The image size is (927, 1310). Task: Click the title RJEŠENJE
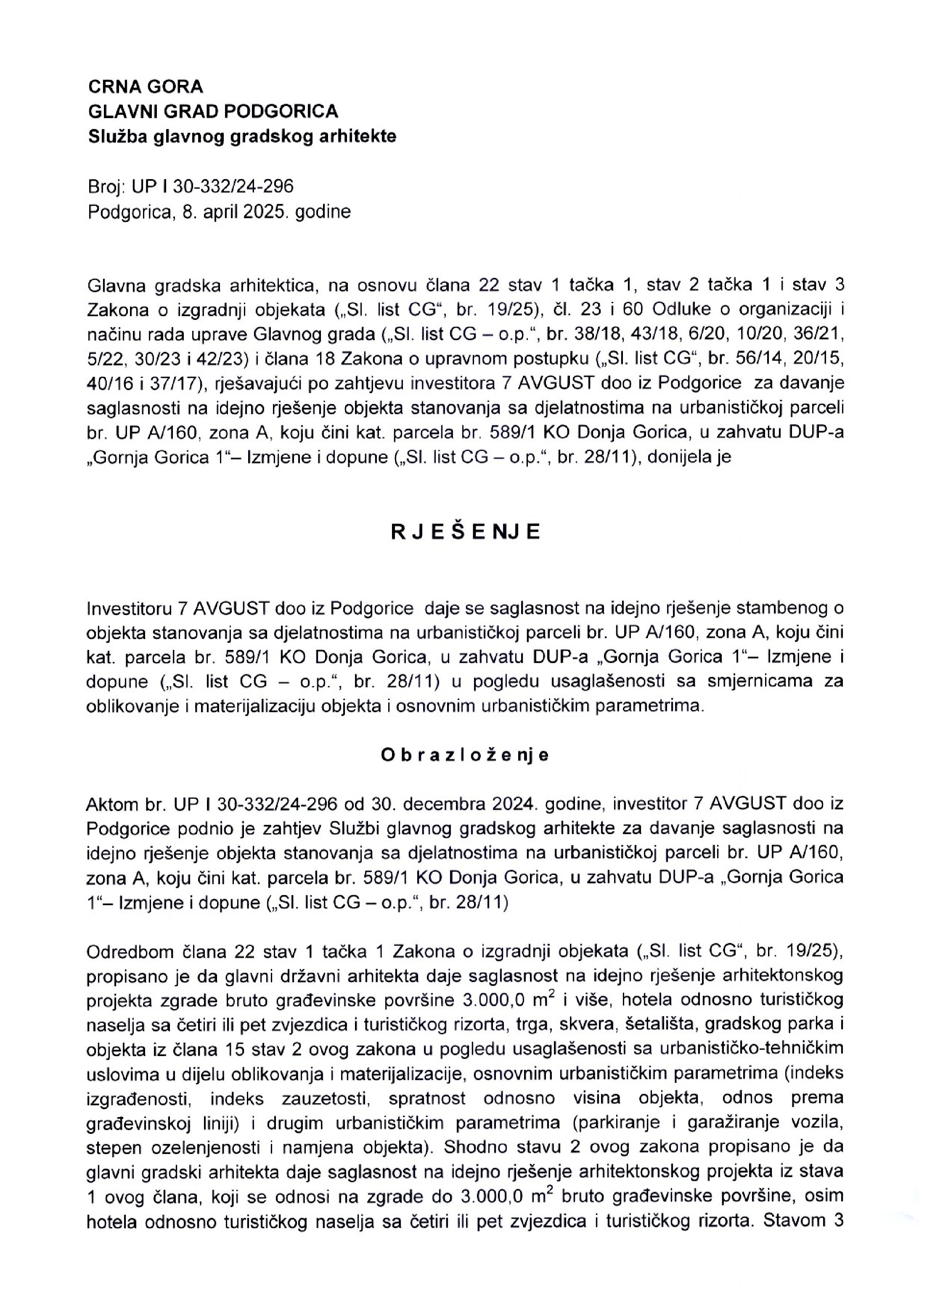(x=465, y=532)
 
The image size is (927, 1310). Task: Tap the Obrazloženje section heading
(x=465, y=755)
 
